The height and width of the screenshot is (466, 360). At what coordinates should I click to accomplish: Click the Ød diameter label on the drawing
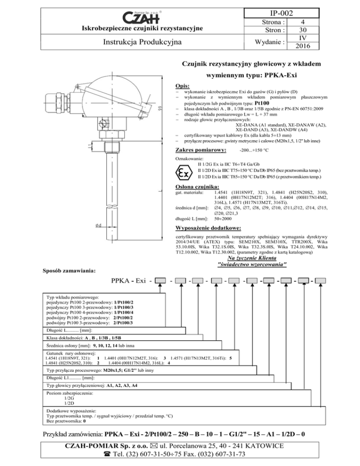[99, 225]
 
